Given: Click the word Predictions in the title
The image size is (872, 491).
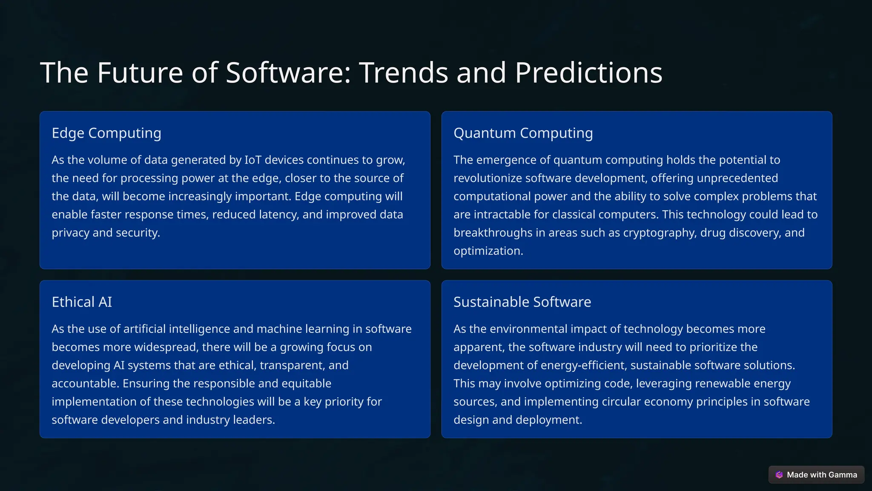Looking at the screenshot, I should click(588, 72).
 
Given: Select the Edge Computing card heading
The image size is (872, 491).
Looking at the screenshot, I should click(106, 133).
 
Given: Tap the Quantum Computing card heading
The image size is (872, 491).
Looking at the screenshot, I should click(523, 133).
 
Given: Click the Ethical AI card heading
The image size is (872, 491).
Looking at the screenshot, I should click(82, 302).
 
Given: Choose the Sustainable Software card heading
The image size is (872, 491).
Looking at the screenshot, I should click(522, 302).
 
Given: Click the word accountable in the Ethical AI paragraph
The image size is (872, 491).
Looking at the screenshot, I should click(84, 384).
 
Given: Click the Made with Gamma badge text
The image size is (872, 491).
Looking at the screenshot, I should click(822, 475).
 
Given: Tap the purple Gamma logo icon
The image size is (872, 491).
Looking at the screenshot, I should click(779, 475).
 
